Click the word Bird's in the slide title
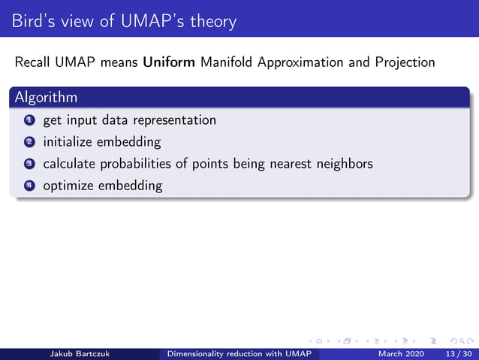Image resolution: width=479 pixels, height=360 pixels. click(x=35, y=21)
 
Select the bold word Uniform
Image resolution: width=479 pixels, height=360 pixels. click(x=170, y=62)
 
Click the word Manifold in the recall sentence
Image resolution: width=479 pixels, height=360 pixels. click(x=228, y=62)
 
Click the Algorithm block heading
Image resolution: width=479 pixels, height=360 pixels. click(x=45, y=98)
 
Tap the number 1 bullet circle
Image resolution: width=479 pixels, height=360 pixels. click(x=29, y=120)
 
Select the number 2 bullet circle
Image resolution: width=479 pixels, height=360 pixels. click(x=29, y=142)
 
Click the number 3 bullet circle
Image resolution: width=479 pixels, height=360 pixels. click(x=29, y=164)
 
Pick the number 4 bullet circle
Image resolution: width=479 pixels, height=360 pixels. click(x=29, y=186)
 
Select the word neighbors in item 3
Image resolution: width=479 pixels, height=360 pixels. click(x=342, y=164)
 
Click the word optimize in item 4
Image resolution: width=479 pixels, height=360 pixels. click(x=68, y=186)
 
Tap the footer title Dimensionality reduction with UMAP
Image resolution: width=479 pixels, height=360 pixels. click(x=239, y=353)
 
